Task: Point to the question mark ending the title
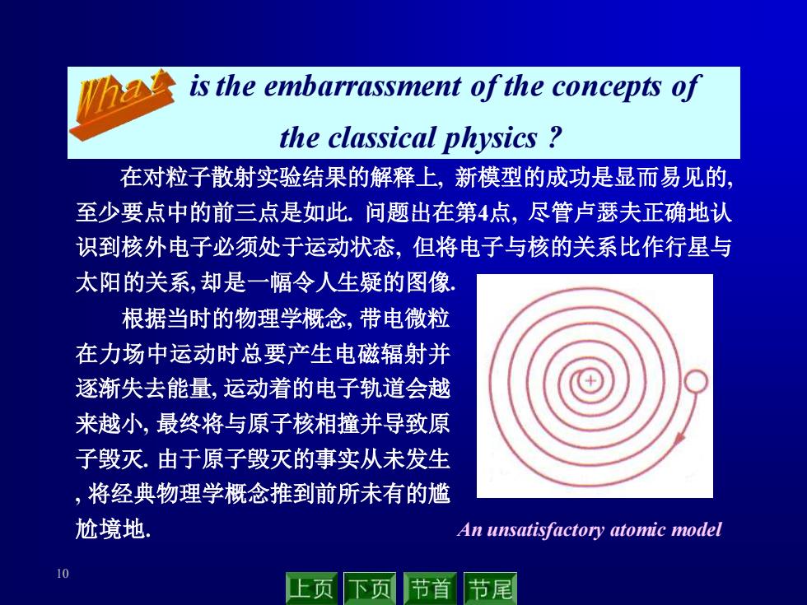coord(553,138)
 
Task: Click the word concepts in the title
coord(606,87)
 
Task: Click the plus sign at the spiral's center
coord(590,381)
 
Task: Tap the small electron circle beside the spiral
coord(696,382)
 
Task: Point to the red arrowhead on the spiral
coord(680,437)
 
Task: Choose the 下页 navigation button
coord(370,589)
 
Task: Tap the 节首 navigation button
coord(430,589)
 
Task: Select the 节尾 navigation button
coord(490,589)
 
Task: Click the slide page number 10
coord(63,574)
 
